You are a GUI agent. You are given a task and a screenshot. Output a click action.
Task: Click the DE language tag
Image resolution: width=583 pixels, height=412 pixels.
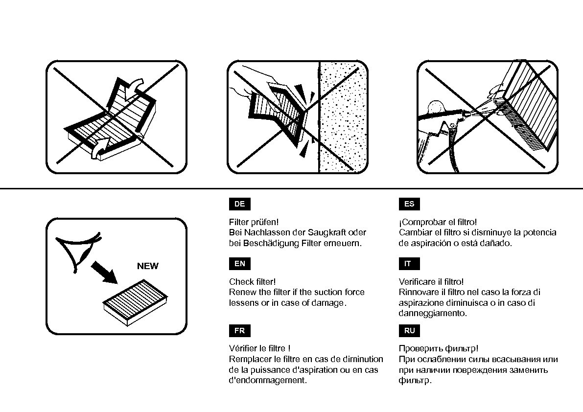click(x=239, y=204)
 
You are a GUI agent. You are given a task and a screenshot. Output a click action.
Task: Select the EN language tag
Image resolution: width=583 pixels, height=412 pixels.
click(x=239, y=264)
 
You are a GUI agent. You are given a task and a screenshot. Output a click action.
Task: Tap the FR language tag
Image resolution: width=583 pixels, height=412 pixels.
click(x=239, y=331)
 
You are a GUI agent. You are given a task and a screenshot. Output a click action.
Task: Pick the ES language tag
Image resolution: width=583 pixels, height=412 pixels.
click(x=409, y=204)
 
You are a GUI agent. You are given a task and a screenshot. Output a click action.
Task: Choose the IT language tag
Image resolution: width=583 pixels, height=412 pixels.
click(x=409, y=264)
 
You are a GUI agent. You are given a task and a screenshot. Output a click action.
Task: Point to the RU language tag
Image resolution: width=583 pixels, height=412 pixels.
click(x=409, y=331)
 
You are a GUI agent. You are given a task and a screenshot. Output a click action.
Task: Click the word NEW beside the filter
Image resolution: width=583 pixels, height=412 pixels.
click(x=147, y=266)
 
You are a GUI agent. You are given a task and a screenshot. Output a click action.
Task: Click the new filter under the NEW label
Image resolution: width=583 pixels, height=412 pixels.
click(x=136, y=302)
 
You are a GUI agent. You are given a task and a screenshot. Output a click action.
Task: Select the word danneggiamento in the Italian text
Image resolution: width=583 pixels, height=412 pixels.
click(x=433, y=313)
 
